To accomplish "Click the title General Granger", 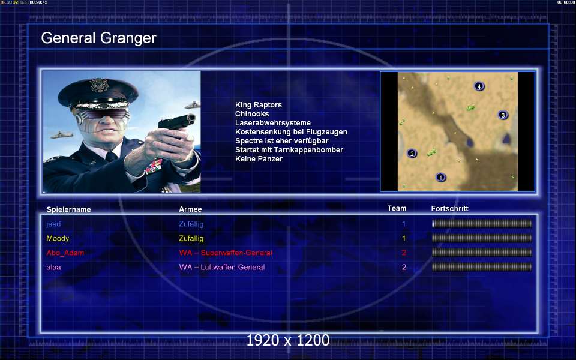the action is [x=98, y=38].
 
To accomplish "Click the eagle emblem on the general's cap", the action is [x=99, y=85].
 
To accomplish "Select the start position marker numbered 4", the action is [x=479, y=86].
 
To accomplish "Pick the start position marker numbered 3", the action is [x=503, y=115].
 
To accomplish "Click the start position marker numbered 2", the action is [x=412, y=153].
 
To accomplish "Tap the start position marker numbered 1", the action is [x=440, y=178].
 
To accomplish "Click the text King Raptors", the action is [x=258, y=105].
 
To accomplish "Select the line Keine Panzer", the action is [x=259, y=159].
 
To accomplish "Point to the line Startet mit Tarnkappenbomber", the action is [x=289, y=150].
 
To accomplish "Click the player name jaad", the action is [x=53, y=224].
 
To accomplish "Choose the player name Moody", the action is [x=58, y=238].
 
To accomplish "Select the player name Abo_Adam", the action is [x=65, y=253].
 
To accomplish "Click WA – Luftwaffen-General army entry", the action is [x=222, y=267].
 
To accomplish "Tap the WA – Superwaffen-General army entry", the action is [x=226, y=253].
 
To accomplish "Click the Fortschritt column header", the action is [x=449, y=209].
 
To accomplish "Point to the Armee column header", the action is [x=190, y=209].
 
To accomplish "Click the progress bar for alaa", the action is [x=482, y=267].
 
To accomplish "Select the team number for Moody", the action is [x=404, y=238].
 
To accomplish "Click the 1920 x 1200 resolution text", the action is [x=288, y=340].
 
